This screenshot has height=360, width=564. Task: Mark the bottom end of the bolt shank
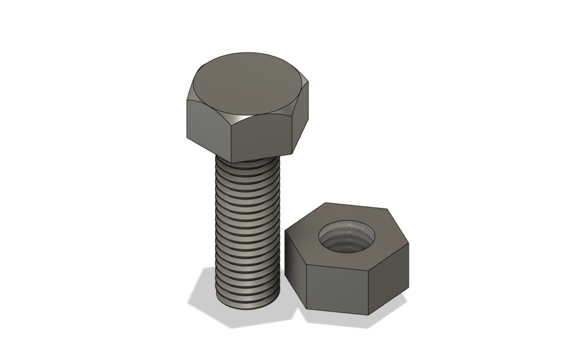(x=248, y=301)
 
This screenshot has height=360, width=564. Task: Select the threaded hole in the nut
(x=347, y=237)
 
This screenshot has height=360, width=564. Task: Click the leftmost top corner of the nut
(x=286, y=231)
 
